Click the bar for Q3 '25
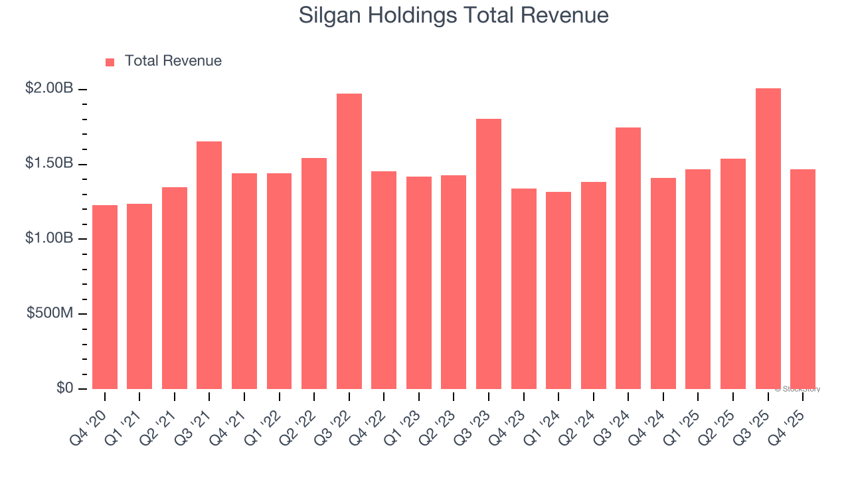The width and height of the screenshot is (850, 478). tap(768, 239)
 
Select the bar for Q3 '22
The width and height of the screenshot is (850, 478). tap(349, 242)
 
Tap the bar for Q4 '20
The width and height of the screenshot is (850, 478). tap(105, 297)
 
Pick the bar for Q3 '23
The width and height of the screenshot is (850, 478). tap(489, 254)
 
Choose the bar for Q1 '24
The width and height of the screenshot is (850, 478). tap(558, 290)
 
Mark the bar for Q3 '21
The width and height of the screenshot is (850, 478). tap(209, 265)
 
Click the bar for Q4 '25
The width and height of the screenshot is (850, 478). tap(803, 279)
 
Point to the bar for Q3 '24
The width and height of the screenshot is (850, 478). tap(628, 258)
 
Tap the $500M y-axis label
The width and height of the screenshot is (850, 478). tap(50, 313)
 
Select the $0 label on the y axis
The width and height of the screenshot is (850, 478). tap(64, 388)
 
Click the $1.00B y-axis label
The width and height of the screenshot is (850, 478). tap(50, 238)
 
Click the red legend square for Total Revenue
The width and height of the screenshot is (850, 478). tap(110, 62)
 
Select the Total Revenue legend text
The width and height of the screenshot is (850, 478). tap(173, 61)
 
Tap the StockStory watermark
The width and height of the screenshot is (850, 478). tap(797, 389)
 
